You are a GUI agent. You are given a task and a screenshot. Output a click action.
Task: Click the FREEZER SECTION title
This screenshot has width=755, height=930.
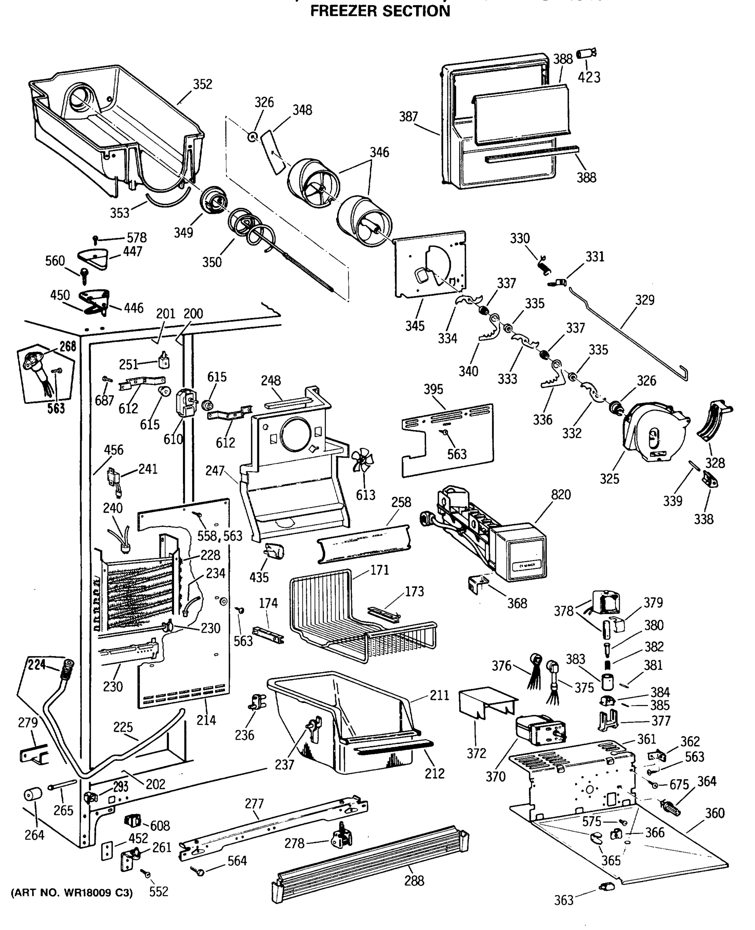coord(380,10)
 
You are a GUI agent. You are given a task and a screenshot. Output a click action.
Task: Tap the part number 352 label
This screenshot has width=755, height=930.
coord(202,84)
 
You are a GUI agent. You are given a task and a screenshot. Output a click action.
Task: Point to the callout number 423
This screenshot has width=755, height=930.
coord(589,77)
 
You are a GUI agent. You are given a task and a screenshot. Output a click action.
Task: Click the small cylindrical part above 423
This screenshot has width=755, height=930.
coord(586,53)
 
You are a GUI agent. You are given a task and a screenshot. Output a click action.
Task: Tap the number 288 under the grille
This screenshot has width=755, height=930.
coord(414,880)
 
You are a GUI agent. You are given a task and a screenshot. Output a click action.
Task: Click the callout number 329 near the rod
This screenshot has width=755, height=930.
coord(644,300)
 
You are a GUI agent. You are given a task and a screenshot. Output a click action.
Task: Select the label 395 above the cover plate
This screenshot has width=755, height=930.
coord(433,389)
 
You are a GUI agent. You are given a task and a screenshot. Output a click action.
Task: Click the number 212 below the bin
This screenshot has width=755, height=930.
coord(434,773)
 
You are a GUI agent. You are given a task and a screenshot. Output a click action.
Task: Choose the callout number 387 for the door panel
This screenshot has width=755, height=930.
coord(409,117)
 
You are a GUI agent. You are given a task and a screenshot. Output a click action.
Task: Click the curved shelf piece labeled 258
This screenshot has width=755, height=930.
coord(363,544)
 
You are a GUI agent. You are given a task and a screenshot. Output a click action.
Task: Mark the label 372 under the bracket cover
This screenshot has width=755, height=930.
coord(476,753)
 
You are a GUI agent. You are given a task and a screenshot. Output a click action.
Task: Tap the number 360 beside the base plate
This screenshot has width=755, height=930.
coord(715,813)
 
